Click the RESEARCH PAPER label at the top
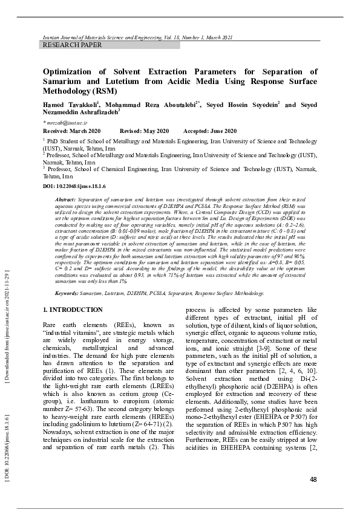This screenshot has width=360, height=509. pyautogui.click(x=72, y=45)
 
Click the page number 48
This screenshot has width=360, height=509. pyautogui.click(x=313, y=479)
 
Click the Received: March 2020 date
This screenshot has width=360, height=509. pyautogui.click(x=71, y=131)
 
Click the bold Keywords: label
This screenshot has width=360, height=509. pyautogui.click(x=67, y=293)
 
